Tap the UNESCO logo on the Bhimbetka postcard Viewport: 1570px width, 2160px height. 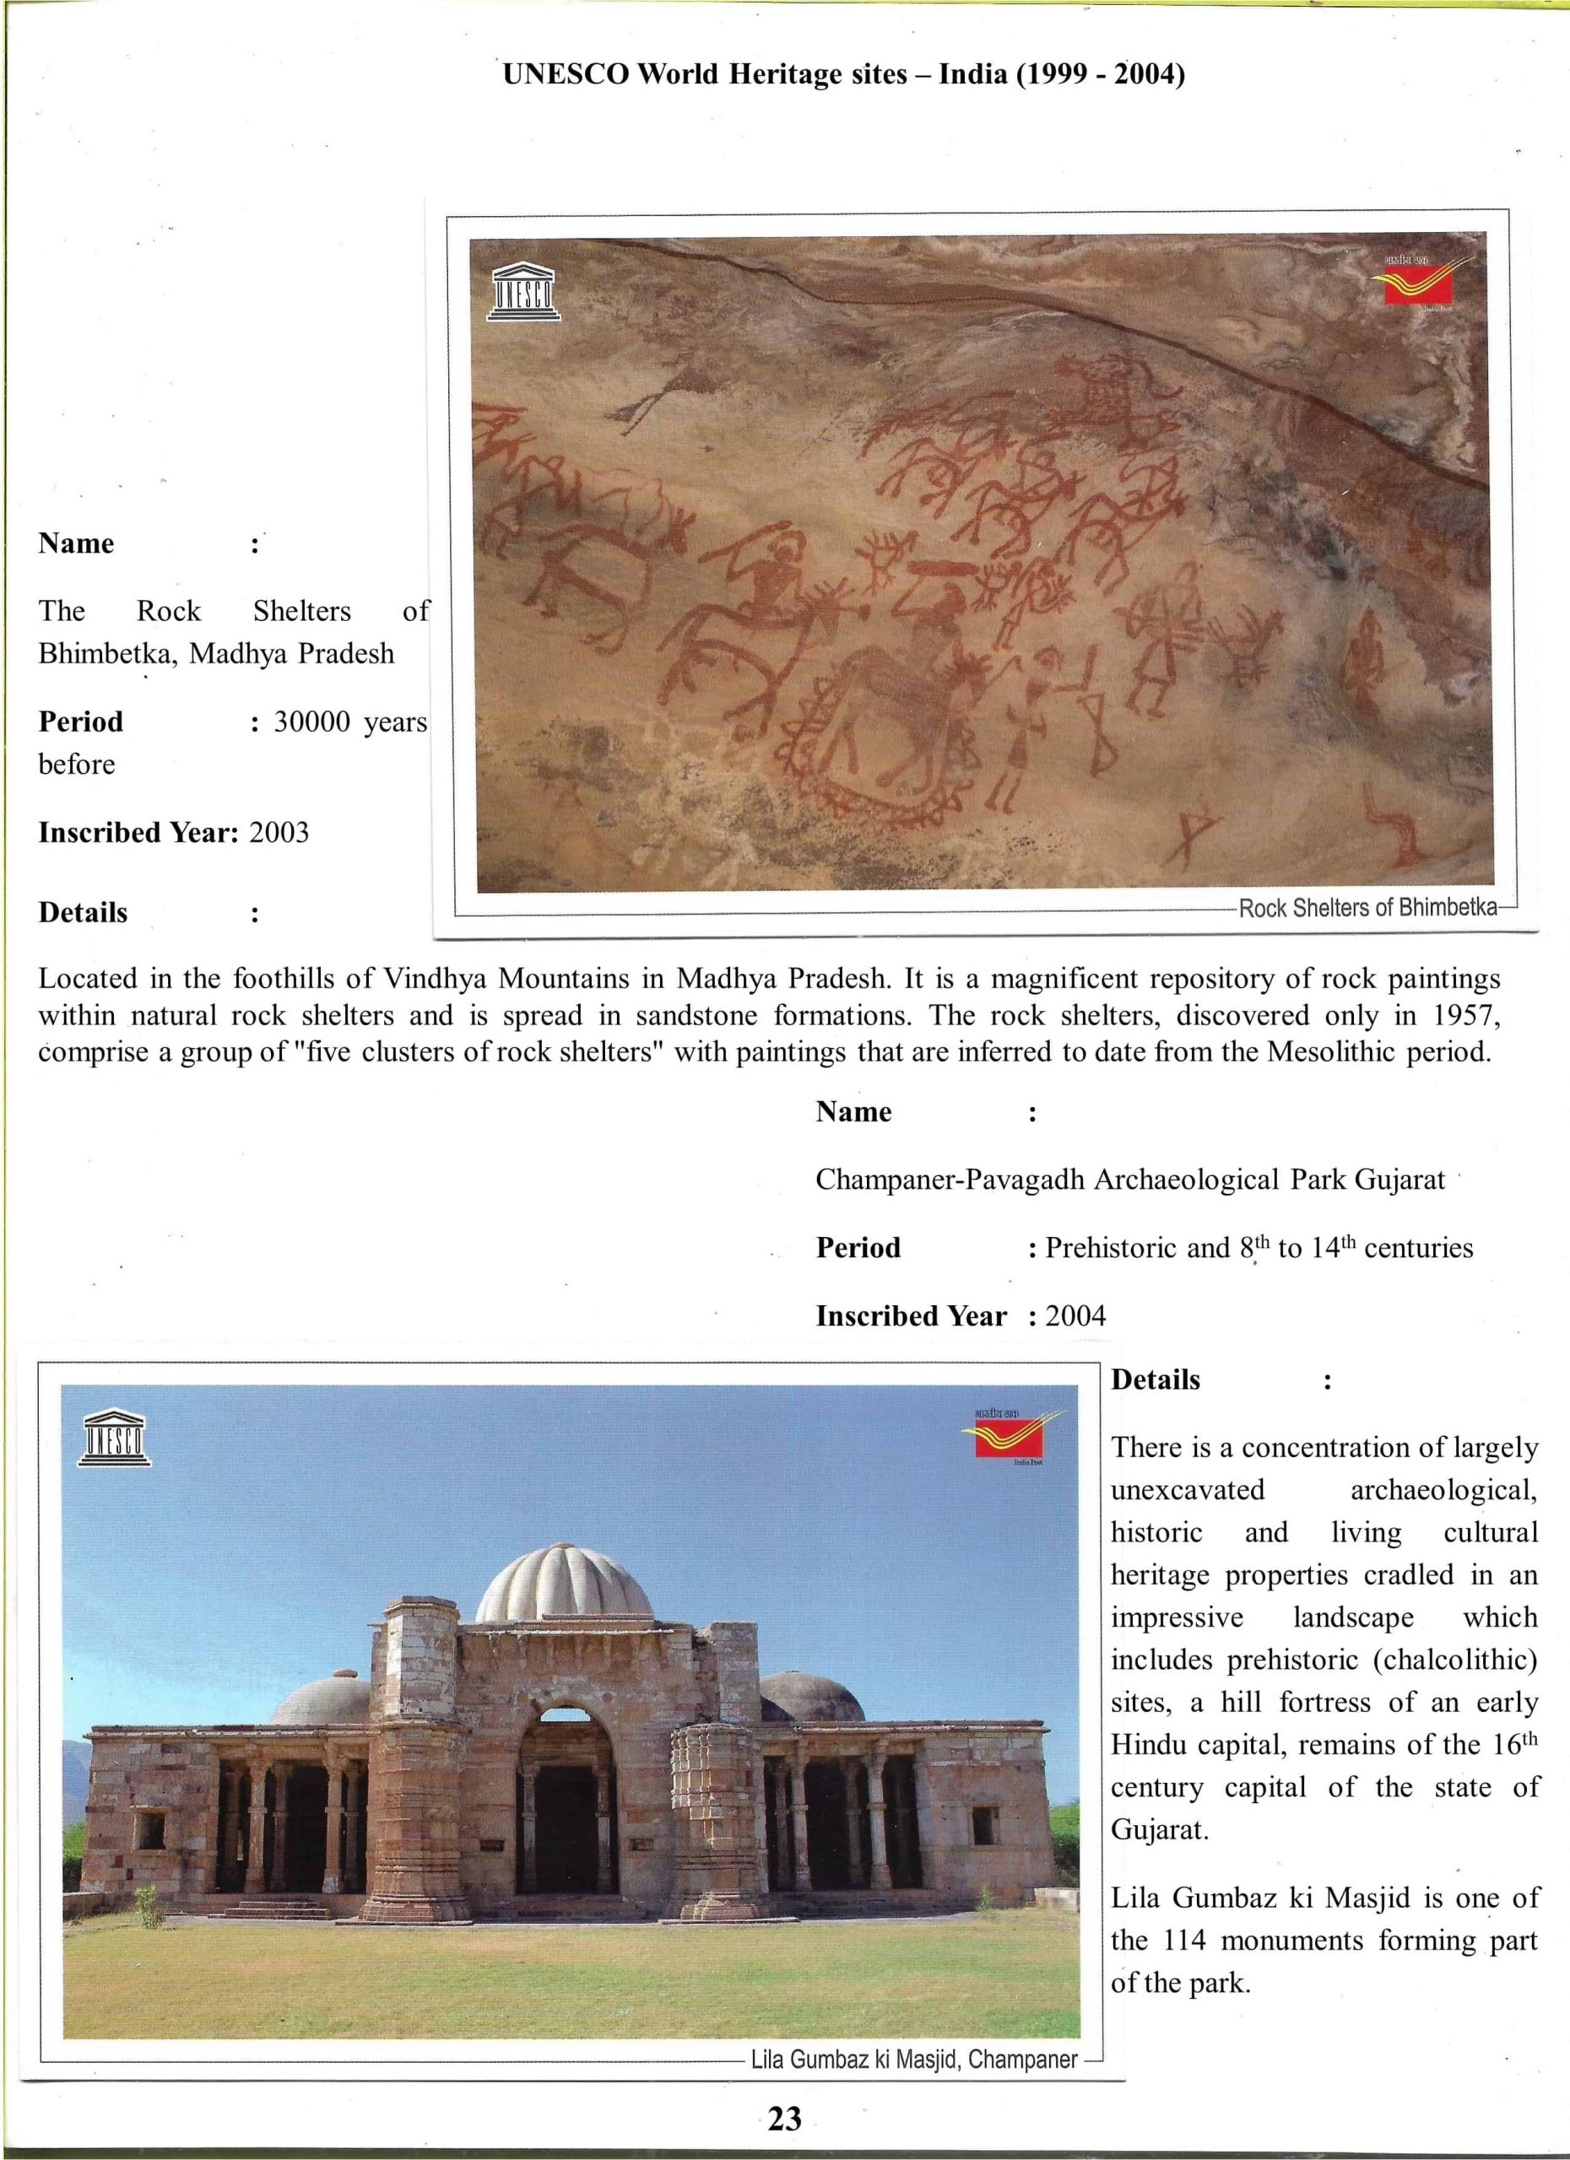click(522, 293)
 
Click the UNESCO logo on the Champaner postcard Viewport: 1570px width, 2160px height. click(114, 1437)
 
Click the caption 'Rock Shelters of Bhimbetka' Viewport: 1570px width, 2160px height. click(1367, 908)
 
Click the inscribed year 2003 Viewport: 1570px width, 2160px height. click(279, 834)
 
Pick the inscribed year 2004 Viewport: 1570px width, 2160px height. click(1075, 1316)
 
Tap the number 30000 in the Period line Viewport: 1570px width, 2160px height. click(312, 723)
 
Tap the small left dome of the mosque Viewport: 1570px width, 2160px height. click(322, 1699)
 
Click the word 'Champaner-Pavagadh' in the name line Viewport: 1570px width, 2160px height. click(950, 1180)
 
